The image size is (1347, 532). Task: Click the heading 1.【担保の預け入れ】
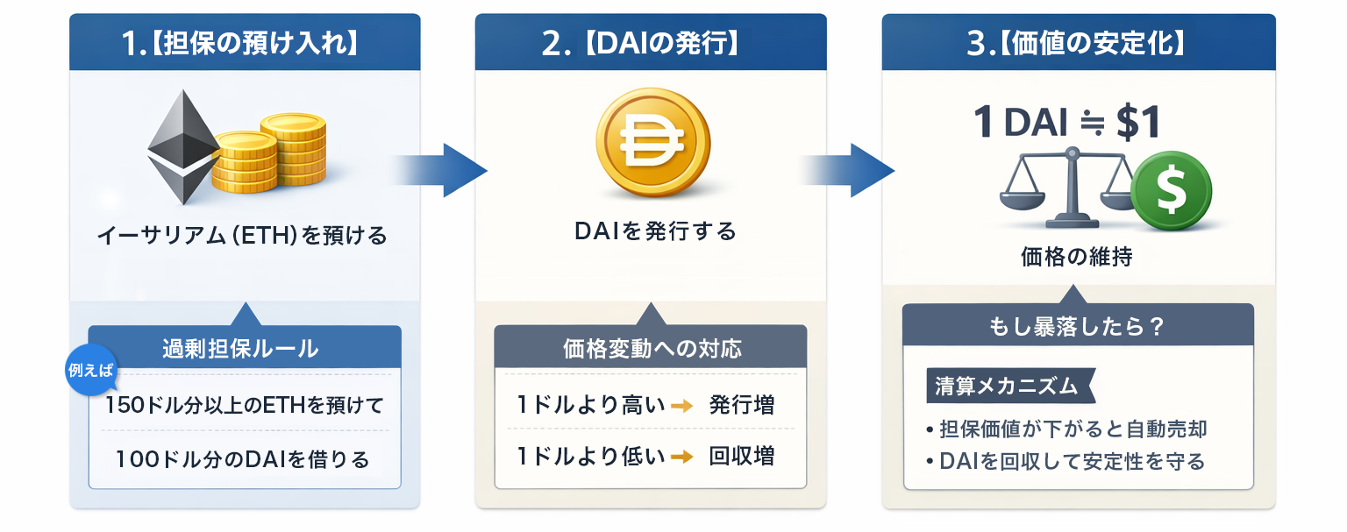(x=245, y=44)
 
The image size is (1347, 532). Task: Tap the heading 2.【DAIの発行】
(x=650, y=44)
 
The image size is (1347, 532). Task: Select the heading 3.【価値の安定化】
(x=1077, y=44)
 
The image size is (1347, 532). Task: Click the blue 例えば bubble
(x=91, y=369)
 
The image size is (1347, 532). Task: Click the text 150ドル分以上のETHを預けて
(x=245, y=406)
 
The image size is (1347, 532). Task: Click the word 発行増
(x=741, y=405)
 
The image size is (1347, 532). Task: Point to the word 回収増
(x=741, y=457)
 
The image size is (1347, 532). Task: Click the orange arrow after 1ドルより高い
(x=681, y=405)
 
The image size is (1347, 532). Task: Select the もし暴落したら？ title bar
(x=1077, y=326)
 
